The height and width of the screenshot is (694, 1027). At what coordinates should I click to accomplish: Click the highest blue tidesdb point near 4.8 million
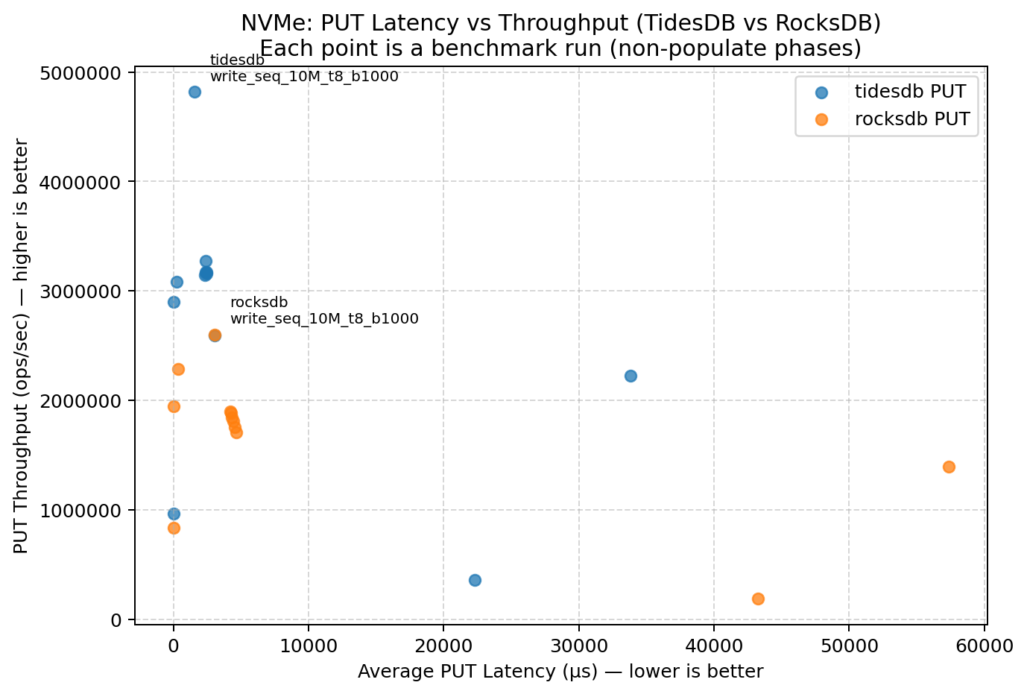195,92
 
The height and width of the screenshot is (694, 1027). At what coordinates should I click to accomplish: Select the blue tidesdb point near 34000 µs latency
631,376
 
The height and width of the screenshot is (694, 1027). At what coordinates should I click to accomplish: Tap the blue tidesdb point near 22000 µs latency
475,580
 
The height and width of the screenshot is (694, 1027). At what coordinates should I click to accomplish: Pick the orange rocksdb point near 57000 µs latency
949,467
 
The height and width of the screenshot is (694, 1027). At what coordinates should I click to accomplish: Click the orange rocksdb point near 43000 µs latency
758,599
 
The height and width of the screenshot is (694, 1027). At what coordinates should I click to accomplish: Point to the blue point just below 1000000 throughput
174,514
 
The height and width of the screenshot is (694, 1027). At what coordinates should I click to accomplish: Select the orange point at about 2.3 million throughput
178,369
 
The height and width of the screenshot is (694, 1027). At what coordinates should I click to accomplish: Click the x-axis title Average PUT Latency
560,672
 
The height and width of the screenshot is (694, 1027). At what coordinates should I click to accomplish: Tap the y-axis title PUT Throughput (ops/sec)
21,346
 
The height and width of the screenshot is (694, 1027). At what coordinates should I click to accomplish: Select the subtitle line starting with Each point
560,49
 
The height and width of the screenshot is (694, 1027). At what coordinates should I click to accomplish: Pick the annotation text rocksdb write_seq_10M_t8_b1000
323,311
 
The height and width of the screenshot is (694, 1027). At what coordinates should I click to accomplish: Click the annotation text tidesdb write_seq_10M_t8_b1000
303,69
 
